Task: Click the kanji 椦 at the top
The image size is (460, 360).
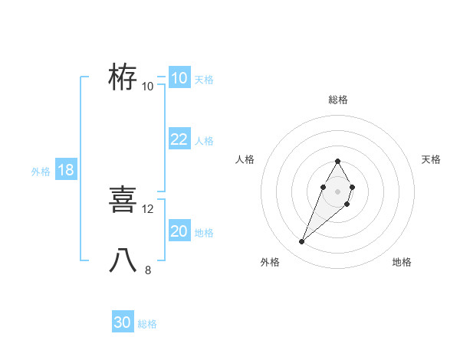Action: click(123, 77)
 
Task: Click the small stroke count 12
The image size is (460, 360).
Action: click(148, 208)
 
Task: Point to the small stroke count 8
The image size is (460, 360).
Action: click(148, 270)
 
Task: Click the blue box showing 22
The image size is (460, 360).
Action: click(179, 139)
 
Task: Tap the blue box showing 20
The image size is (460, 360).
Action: click(179, 231)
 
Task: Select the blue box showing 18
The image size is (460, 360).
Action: click(65, 170)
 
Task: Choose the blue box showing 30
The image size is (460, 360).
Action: click(123, 322)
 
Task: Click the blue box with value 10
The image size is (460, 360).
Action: click(179, 78)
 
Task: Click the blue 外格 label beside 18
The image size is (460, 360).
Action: click(41, 172)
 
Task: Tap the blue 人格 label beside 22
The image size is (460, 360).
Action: click(204, 141)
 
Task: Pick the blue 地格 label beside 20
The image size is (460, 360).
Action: click(204, 233)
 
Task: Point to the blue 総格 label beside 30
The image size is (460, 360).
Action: click(147, 324)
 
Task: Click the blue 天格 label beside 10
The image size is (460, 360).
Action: click(204, 80)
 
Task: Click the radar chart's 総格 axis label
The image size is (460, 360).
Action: click(337, 100)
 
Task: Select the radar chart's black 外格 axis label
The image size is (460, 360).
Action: click(270, 262)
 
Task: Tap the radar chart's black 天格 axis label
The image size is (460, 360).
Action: click(431, 159)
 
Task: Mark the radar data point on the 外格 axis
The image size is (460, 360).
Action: click(301, 242)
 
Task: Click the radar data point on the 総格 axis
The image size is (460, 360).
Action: click(337, 161)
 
